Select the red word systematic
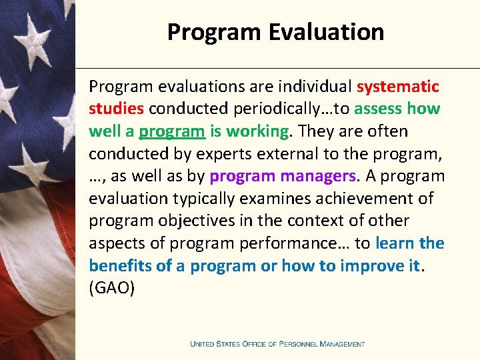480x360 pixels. click(x=397, y=87)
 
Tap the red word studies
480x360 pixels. click(x=117, y=109)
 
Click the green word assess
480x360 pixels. click(x=378, y=109)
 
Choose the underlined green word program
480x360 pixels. click(x=172, y=131)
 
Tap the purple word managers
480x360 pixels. click(x=321, y=176)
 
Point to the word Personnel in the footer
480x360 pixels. click(x=297, y=344)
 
